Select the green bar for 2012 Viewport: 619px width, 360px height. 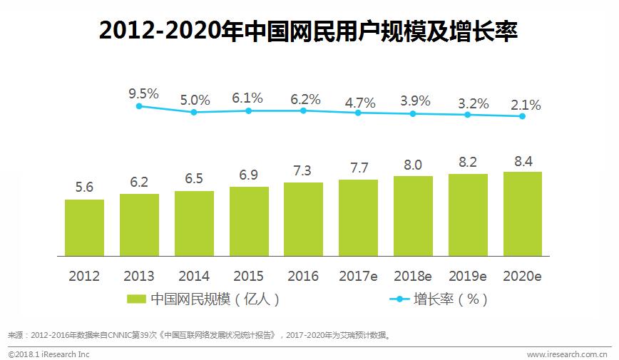point(84,227)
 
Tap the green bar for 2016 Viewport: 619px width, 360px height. point(303,219)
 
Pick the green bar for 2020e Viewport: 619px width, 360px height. point(522,214)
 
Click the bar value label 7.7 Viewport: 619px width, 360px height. point(358,168)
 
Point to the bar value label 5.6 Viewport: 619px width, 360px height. point(84,188)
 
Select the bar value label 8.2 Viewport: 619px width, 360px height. point(468,162)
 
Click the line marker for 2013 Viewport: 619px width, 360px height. point(139,106)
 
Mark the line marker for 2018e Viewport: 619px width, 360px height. point(413,113)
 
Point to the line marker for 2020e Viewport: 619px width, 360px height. point(522,116)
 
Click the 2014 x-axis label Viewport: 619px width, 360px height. point(194,277)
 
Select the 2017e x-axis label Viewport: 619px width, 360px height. point(358,277)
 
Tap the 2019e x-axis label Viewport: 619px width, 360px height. point(468,277)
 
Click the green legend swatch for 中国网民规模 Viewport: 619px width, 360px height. point(136,299)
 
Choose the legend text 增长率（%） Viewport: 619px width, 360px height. point(451,299)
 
